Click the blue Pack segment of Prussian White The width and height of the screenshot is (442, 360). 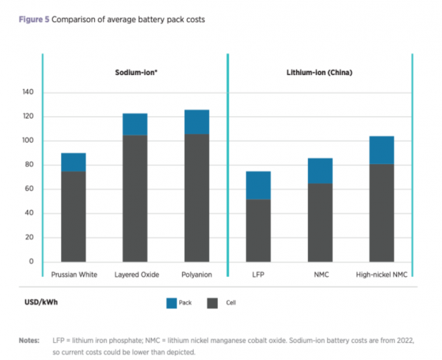(x=73, y=162)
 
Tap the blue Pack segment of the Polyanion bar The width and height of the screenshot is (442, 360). (x=197, y=121)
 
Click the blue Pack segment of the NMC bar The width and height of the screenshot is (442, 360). (x=320, y=171)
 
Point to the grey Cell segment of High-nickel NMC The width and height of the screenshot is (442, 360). (x=382, y=213)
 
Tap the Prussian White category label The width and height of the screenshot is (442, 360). (x=73, y=275)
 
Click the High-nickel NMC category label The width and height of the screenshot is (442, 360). (x=382, y=275)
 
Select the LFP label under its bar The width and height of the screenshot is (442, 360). (x=259, y=275)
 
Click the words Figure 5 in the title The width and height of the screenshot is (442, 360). (x=33, y=20)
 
